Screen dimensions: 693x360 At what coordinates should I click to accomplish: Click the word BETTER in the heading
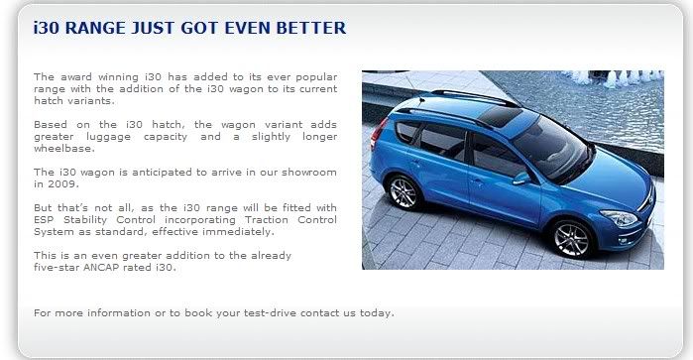click(x=311, y=28)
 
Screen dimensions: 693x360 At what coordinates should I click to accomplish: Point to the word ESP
click(x=44, y=220)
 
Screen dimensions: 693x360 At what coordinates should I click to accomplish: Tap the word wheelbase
click(x=64, y=149)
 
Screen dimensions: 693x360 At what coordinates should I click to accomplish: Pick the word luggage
click(x=108, y=137)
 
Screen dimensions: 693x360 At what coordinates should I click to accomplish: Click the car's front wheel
click(x=571, y=239)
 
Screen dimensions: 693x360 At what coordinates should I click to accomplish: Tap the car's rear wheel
click(x=404, y=192)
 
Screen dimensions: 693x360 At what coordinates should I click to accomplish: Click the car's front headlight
click(x=620, y=217)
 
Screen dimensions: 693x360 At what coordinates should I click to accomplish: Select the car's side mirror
click(x=521, y=178)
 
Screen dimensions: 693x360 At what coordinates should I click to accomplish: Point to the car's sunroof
click(x=500, y=116)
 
